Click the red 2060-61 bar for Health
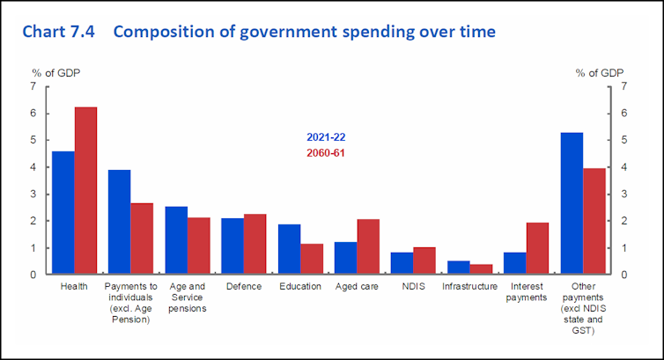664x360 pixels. pyautogui.click(x=85, y=190)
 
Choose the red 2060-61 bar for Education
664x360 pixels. pyautogui.click(x=312, y=259)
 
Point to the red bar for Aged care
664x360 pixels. pyautogui.click(x=369, y=246)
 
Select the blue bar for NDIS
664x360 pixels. pyautogui.click(x=402, y=263)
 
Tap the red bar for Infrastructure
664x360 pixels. pyautogui.click(x=481, y=269)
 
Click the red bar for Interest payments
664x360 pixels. pyautogui.click(x=537, y=248)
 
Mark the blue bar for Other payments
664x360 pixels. pyautogui.click(x=572, y=203)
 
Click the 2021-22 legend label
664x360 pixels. pyautogui.click(x=326, y=137)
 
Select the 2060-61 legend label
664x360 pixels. pyautogui.click(x=326, y=154)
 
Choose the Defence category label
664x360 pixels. pyautogui.click(x=244, y=287)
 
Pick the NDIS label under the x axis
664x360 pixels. pyautogui.click(x=413, y=287)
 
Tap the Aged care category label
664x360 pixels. pyautogui.click(x=357, y=287)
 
